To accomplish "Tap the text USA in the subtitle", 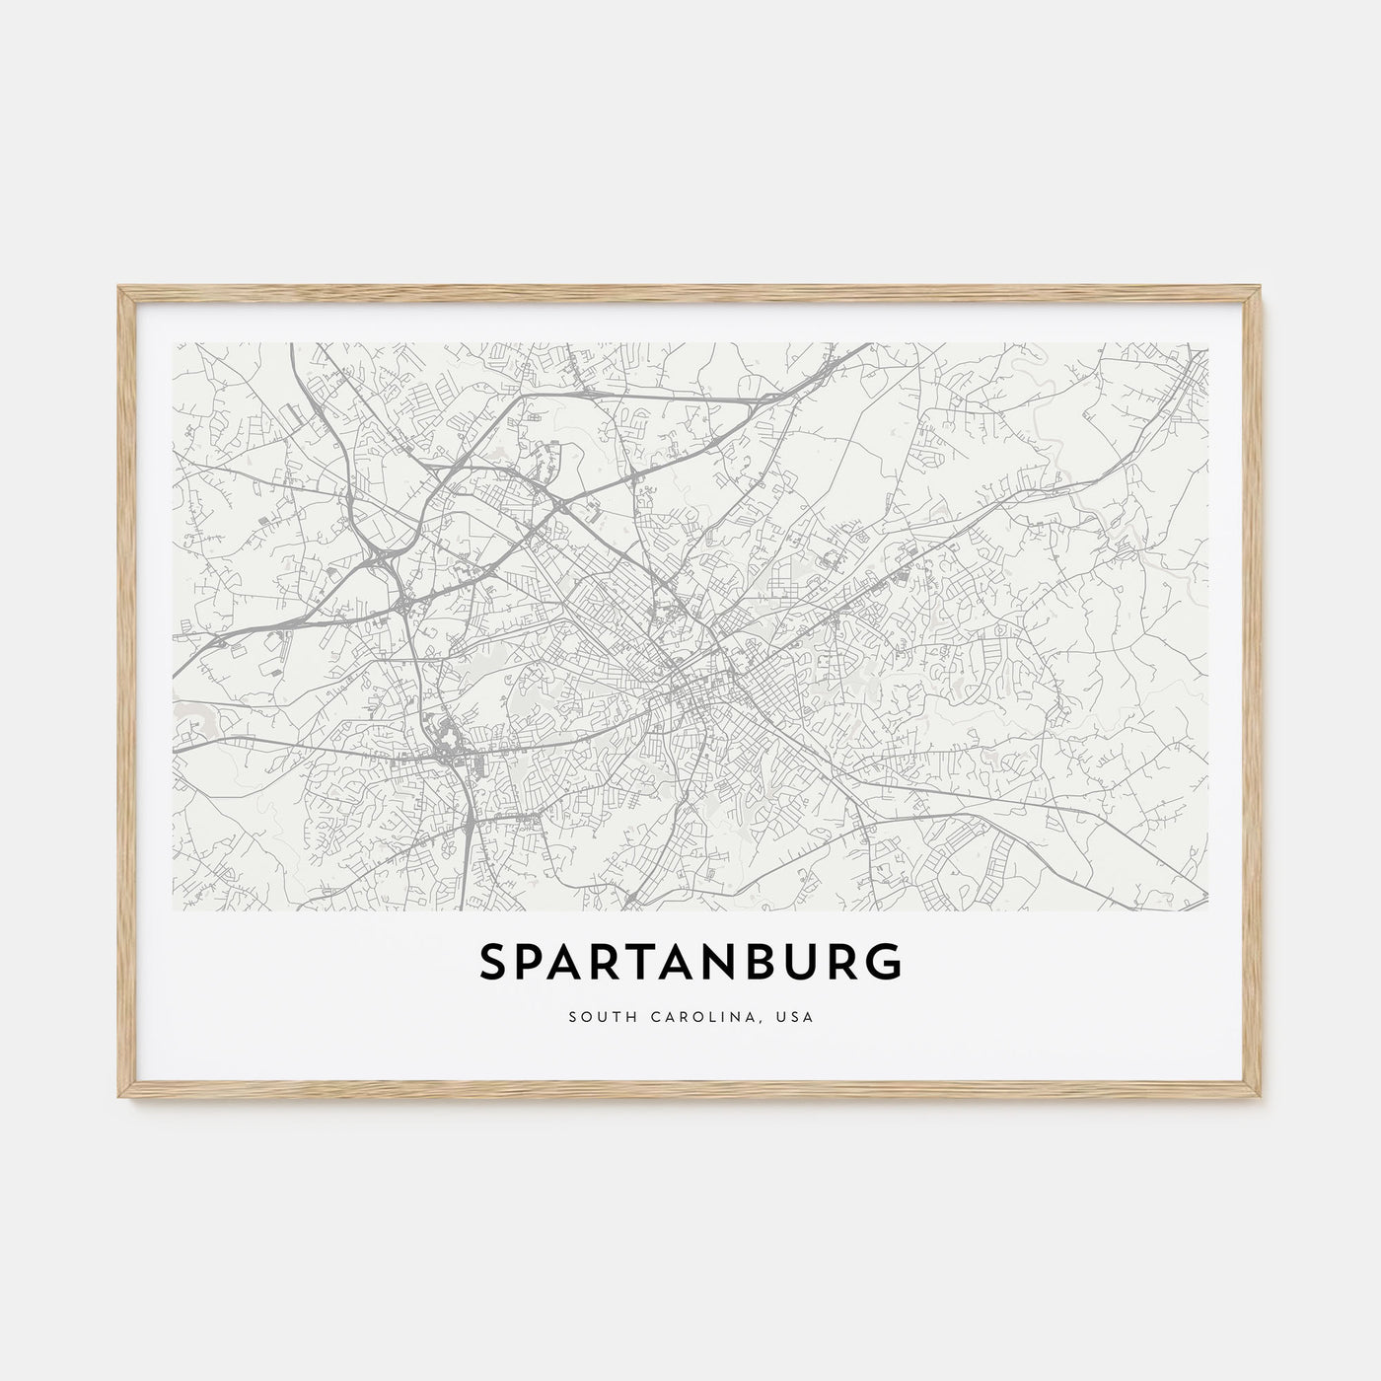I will pos(795,1016).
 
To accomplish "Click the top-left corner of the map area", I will pos(173,343).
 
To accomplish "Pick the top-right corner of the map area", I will pos(1207,343).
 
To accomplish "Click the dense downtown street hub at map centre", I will pos(690,681).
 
